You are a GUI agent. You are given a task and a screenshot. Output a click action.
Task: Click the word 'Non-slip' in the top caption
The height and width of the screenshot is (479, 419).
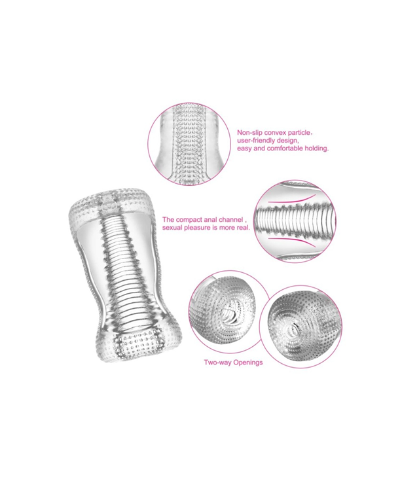(249, 133)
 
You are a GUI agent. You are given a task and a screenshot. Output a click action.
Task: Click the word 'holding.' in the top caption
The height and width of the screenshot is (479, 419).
(317, 149)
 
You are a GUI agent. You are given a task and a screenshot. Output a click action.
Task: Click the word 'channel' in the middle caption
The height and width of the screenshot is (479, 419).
(230, 220)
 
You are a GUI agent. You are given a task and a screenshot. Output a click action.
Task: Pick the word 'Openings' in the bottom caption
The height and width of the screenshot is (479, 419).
(248, 363)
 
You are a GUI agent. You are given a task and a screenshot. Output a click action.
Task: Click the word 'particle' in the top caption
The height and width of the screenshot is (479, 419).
(299, 133)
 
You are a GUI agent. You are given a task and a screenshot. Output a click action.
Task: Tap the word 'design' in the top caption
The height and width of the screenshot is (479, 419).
(287, 141)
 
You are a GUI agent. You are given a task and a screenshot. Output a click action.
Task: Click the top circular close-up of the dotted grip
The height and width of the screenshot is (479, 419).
(189, 144)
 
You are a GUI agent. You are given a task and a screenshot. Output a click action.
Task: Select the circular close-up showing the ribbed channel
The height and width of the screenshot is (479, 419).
(295, 221)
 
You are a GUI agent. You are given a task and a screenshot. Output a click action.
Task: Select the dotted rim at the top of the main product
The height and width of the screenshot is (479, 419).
(111, 203)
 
